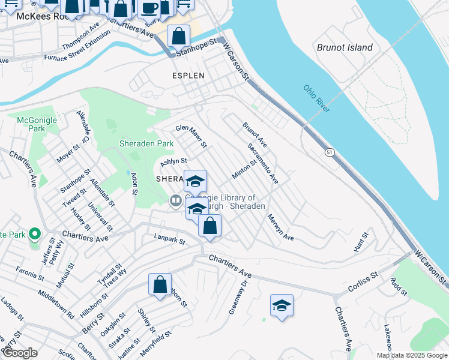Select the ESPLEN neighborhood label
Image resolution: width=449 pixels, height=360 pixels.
coord(188,76)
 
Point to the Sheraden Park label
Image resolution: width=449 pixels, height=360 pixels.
coord(146,143)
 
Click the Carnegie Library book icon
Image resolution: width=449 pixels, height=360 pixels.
coord(175,201)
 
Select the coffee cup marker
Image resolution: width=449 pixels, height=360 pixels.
coord(149,8)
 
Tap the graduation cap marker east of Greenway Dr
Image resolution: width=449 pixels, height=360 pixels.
coord(282,305)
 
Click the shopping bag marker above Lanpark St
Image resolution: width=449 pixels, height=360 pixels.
coord(209,226)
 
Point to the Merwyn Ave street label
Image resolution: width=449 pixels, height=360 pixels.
coord(280,228)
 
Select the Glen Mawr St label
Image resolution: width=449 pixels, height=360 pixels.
coord(191,136)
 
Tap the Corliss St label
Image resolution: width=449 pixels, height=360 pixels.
coord(362,282)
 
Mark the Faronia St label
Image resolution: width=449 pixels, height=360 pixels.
coord(30,274)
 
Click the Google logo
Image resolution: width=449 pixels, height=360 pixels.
coord(20,353)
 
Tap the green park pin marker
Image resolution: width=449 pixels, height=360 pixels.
coord(35,233)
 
